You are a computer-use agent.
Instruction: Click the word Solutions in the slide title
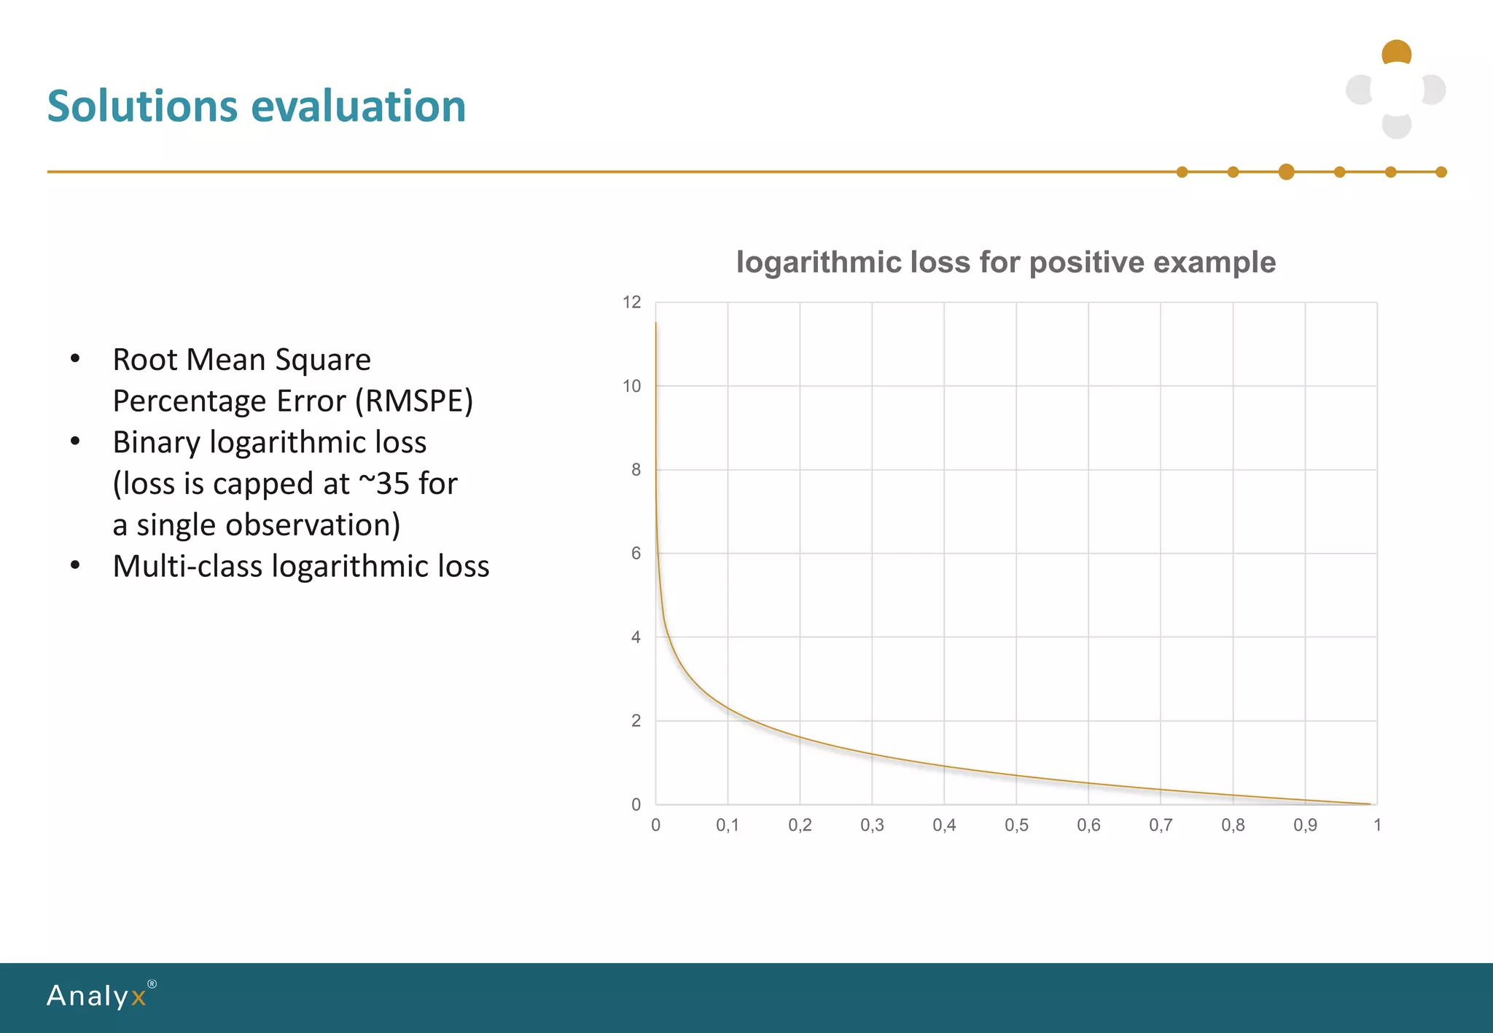tap(142, 106)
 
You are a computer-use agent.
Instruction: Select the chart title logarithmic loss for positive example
tap(1005, 262)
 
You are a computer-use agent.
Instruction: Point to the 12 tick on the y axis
tap(632, 302)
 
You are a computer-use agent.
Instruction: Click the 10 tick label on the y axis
tap(632, 386)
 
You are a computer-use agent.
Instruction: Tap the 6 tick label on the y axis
tap(636, 554)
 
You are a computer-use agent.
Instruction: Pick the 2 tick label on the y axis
tap(636, 721)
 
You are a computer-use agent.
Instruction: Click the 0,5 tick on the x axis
tap(1016, 825)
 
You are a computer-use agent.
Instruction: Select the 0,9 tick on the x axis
tap(1305, 825)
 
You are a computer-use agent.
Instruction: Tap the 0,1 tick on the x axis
tap(727, 825)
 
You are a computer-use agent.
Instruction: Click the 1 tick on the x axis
tap(1377, 825)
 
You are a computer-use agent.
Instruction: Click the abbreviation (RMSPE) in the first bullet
tap(414, 401)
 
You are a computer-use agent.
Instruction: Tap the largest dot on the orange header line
tap(1286, 172)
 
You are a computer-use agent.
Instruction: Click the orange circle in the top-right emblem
tap(1396, 52)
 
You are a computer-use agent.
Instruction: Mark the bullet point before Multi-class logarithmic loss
tap(75, 566)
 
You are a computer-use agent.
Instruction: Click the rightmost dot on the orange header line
tap(1441, 172)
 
